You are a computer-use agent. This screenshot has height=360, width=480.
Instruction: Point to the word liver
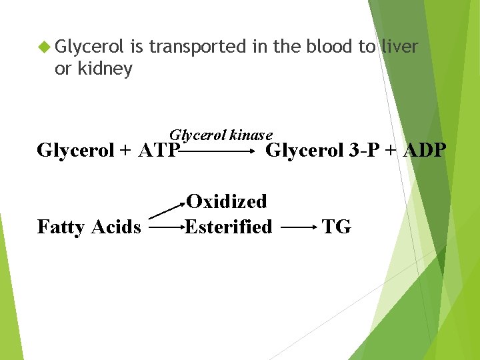(x=399, y=47)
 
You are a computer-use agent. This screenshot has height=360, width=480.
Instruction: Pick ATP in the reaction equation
(x=159, y=151)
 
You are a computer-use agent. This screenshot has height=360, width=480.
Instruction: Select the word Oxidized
(x=226, y=201)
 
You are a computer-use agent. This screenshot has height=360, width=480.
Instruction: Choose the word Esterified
(x=229, y=227)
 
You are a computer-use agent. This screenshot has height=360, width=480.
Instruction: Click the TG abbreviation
(x=336, y=227)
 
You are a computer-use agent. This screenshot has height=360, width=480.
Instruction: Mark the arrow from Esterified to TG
(x=298, y=228)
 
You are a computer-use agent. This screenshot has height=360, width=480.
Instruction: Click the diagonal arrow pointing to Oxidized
(x=166, y=208)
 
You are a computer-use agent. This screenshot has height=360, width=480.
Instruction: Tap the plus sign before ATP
(x=125, y=151)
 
